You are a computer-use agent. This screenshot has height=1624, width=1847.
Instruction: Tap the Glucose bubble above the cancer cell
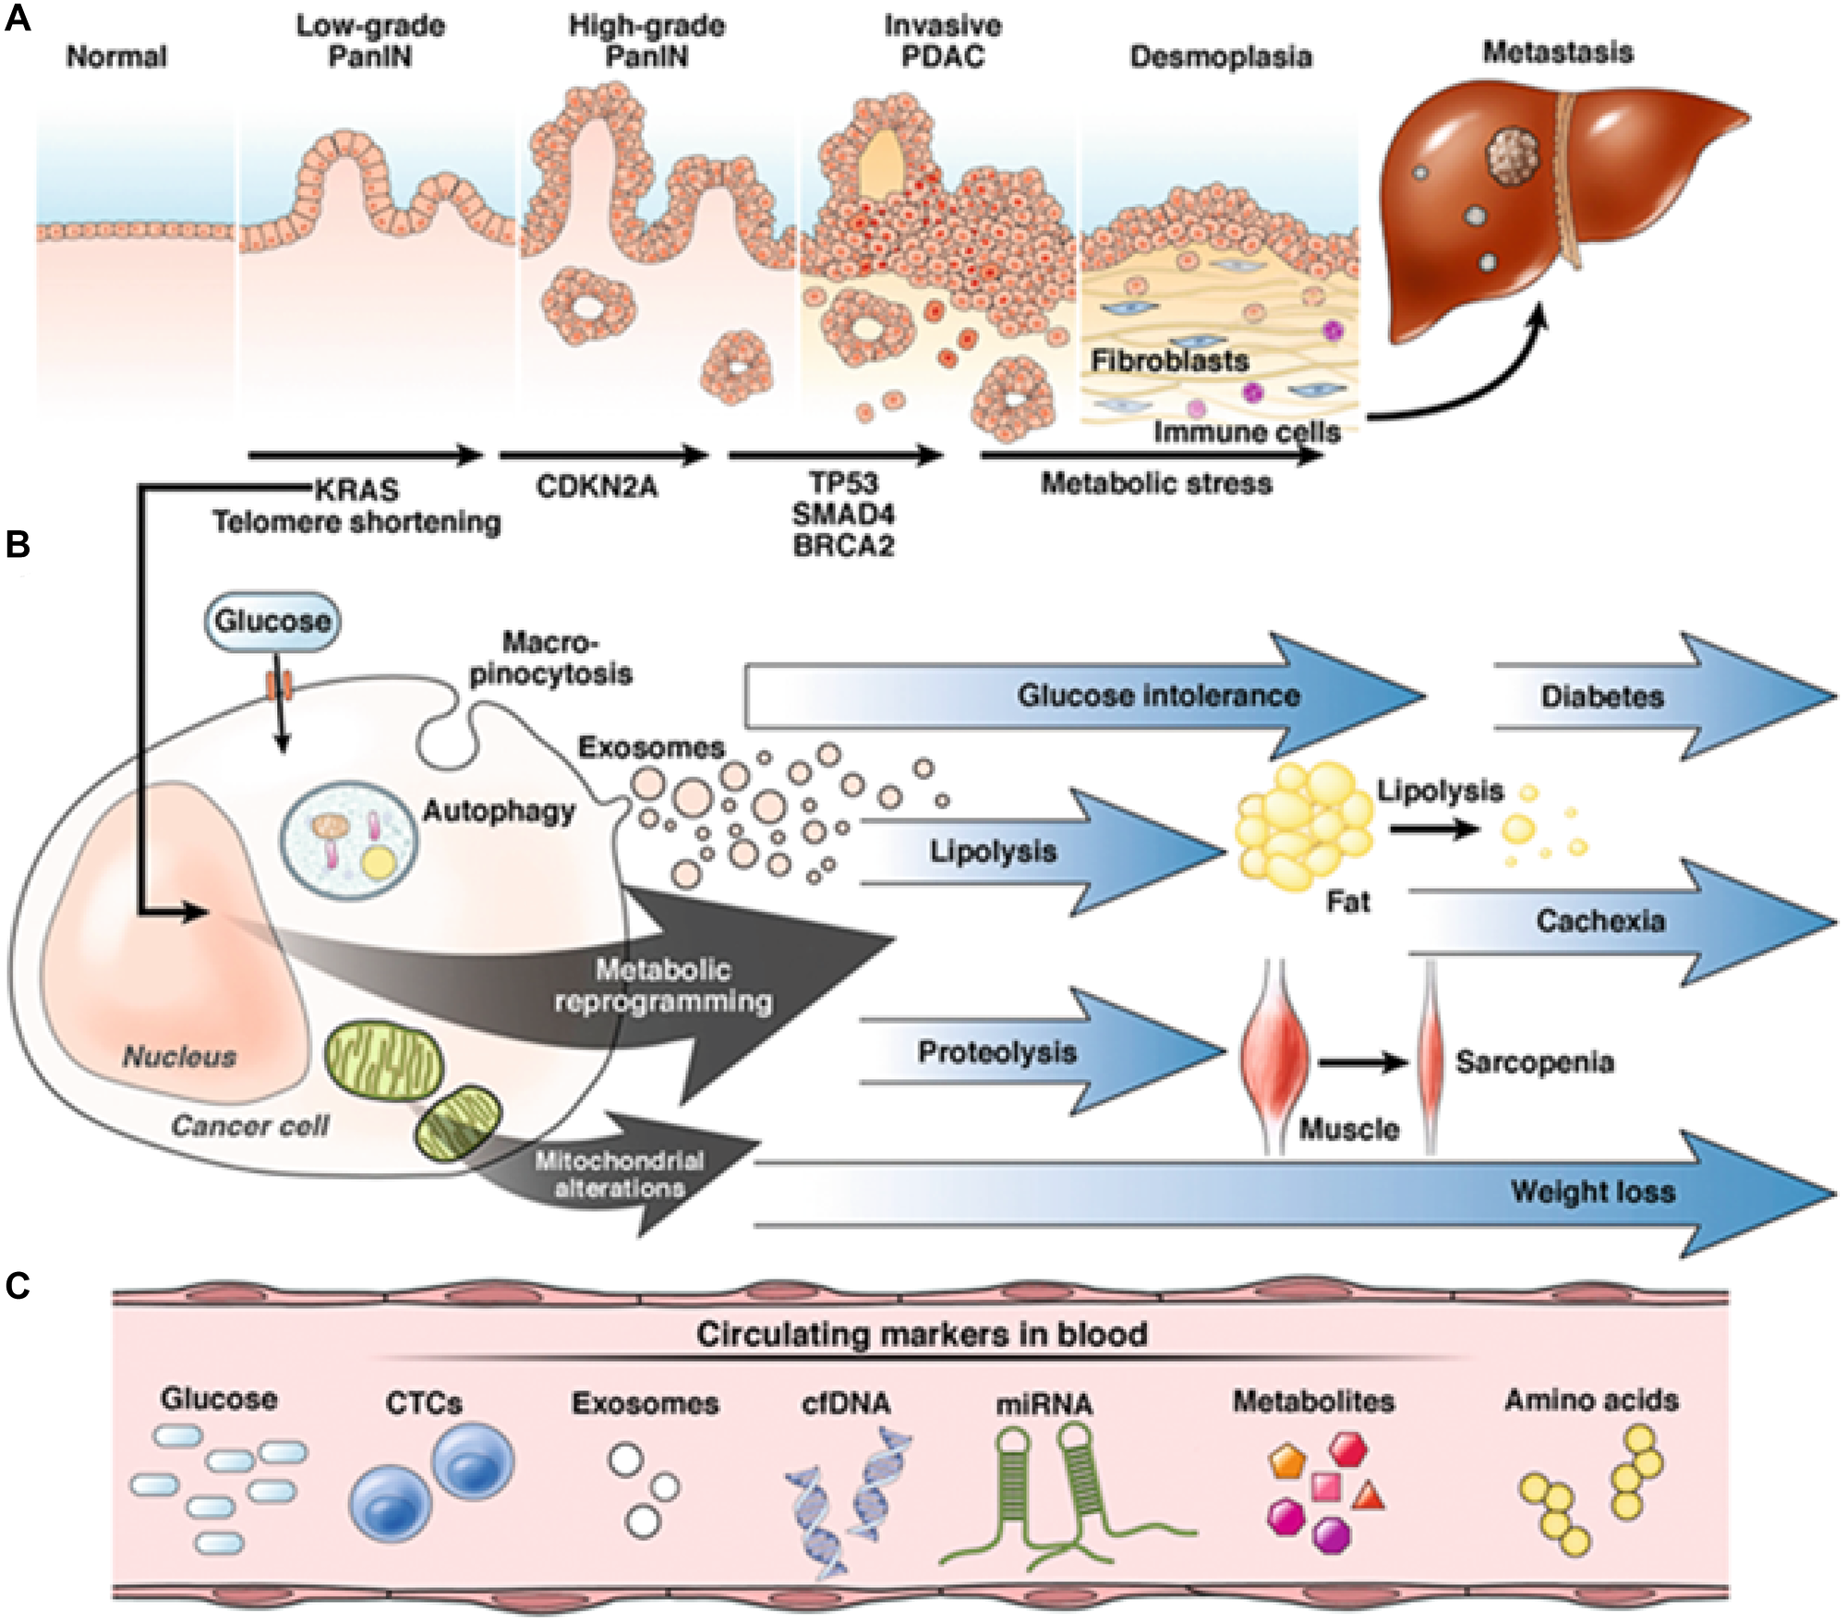click(x=272, y=620)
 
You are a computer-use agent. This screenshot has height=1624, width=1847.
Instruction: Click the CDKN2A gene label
click(x=597, y=487)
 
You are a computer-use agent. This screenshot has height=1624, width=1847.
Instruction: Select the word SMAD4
click(x=843, y=514)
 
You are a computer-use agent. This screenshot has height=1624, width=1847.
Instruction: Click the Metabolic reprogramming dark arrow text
click(x=663, y=986)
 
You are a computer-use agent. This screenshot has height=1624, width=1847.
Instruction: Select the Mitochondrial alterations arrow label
click(x=619, y=1174)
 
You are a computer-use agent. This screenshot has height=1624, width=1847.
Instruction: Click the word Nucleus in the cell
click(x=180, y=1056)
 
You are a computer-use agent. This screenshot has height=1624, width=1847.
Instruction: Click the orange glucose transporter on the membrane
click(x=280, y=685)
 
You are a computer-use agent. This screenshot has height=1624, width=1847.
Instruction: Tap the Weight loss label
click(x=1592, y=1191)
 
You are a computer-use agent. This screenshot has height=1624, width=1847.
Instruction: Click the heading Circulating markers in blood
click(x=921, y=1334)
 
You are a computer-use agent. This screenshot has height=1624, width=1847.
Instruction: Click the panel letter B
click(x=18, y=545)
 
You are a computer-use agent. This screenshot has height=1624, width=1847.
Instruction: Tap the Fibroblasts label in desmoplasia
click(x=1169, y=360)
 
